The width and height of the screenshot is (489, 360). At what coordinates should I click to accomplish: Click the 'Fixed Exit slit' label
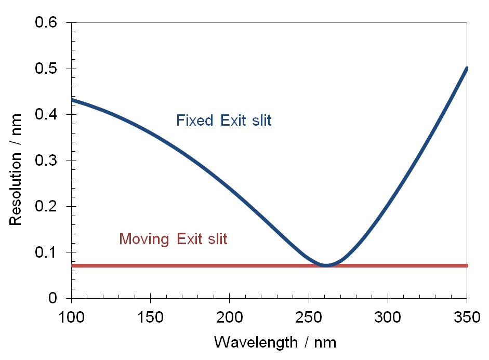click(x=224, y=121)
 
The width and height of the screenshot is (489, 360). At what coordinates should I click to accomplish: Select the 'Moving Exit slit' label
click(x=173, y=239)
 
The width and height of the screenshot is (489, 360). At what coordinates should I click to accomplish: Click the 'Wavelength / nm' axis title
click(x=275, y=342)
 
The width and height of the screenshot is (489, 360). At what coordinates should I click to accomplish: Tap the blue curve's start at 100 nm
click(x=72, y=100)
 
